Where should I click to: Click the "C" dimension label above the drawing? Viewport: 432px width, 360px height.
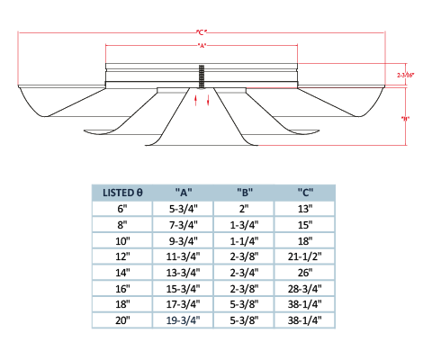pos(202,31)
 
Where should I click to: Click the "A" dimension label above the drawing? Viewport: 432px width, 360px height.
pos(202,46)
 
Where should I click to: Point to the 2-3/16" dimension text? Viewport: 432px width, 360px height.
pos(406,75)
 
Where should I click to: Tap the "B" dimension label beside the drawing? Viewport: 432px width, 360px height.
pos(405,119)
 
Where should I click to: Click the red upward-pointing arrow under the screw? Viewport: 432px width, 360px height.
pos(195,100)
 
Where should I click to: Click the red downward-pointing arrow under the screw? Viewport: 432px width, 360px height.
pos(208,100)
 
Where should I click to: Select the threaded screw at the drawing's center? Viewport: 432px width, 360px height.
pos(202,76)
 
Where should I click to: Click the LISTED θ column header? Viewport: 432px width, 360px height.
pos(122,193)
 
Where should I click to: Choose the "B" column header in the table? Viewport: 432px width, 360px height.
pos(245,193)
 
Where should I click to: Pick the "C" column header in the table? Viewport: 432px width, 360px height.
pos(305,193)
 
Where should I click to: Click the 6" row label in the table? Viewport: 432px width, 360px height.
pos(122,209)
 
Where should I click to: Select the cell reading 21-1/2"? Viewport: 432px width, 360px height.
pos(305,256)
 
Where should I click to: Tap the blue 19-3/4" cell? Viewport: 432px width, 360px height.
pos(183,320)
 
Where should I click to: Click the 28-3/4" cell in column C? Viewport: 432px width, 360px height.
pos(305,289)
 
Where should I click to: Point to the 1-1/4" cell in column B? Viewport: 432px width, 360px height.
pos(244,240)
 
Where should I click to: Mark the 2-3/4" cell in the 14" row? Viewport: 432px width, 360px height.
pos(244,273)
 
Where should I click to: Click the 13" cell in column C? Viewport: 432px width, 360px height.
pos(305,209)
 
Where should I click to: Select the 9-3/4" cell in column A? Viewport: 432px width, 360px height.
pos(184,240)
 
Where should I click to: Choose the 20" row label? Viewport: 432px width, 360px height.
pos(122,320)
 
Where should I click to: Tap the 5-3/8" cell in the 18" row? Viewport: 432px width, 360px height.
pos(244,304)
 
